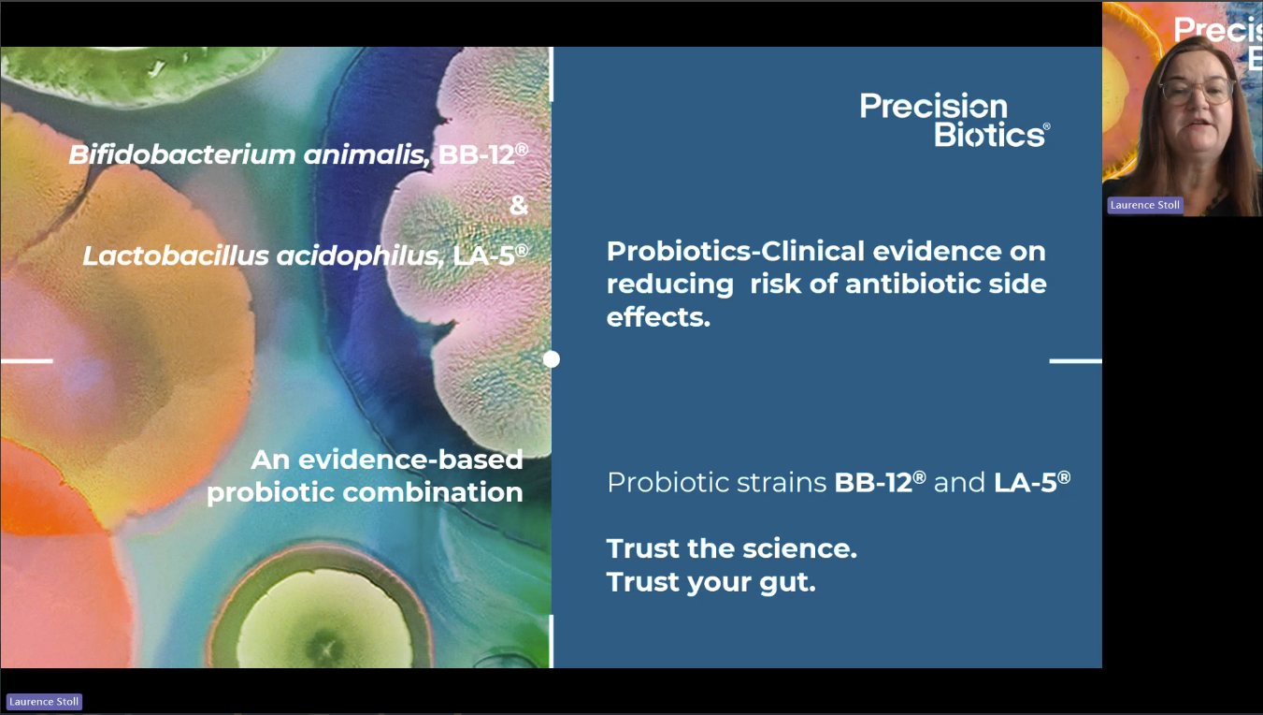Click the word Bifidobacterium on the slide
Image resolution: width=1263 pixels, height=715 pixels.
click(182, 154)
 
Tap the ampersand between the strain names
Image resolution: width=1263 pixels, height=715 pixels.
click(519, 205)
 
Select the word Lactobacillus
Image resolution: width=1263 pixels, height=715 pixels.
click(176, 255)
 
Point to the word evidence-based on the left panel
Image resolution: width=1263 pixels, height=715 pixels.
click(410, 460)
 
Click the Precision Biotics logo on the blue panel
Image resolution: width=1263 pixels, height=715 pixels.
click(954, 120)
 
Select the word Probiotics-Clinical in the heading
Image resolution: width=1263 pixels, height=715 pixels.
click(735, 252)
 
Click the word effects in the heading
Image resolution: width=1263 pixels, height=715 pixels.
click(658, 316)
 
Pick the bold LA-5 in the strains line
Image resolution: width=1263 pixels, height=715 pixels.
click(1032, 483)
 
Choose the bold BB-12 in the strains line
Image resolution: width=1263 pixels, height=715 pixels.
click(880, 483)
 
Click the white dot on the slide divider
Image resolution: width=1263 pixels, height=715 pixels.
click(552, 359)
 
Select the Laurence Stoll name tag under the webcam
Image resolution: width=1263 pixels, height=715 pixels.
click(1144, 205)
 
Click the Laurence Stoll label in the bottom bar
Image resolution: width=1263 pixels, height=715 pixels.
click(44, 702)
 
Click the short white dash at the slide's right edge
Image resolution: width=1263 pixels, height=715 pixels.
click(1075, 360)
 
